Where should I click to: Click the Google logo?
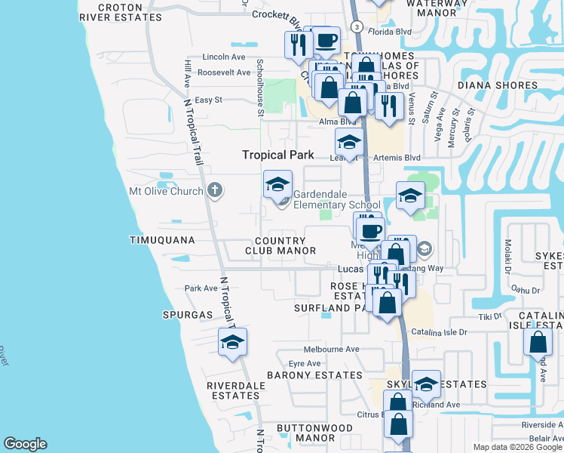pyautogui.click(x=25, y=444)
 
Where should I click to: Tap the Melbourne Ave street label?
pyautogui.click(x=331, y=350)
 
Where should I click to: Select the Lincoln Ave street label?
pyautogui.click(x=224, y=57)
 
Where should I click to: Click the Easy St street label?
pyautogui.click(x=209, y=100)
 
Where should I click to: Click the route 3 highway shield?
pyautogui.click(x=357, y=26)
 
